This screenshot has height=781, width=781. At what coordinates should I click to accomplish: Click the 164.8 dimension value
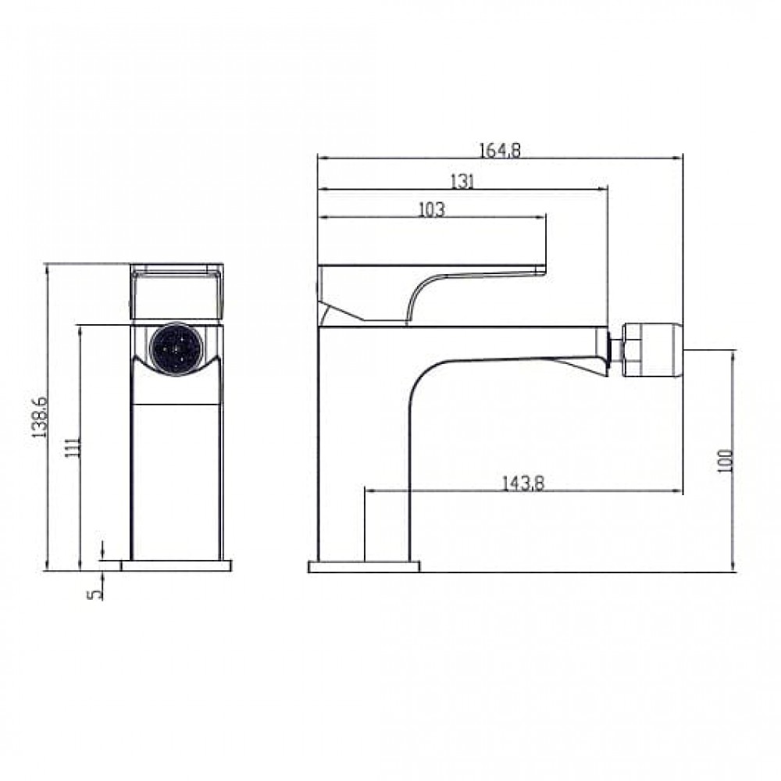[x=500, y=150]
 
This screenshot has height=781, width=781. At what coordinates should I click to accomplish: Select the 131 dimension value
[x=462, y=181]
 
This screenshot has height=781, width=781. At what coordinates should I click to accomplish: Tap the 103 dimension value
[x=431, y=209]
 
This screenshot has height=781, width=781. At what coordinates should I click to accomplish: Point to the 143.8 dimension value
[x=522, y=483]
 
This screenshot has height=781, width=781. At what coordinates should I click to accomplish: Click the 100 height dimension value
[x=726, y=461]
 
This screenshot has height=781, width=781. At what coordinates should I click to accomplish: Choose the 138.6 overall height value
[x=39, y=417]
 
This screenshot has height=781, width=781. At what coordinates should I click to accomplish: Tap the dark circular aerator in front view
[x=177, y=349]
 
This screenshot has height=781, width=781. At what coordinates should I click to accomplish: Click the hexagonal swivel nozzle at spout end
[x=653, y=349]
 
